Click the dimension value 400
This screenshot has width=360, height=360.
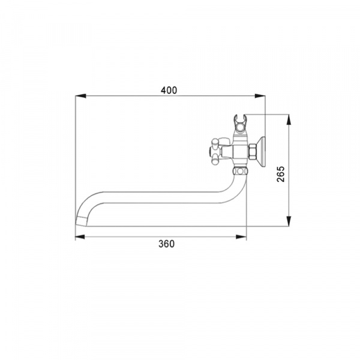click(169, 90)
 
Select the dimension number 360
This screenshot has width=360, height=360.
click(166, 244)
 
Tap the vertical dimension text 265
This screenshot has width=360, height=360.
click(281, 174)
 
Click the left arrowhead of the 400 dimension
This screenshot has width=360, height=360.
click(80, 96)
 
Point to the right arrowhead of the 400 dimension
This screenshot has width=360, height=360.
click(260, 96)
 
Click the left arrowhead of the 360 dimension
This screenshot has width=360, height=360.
click(80, 237)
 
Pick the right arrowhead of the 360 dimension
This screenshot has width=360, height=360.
click(241, 237)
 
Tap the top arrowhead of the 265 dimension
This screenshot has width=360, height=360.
click(289, 119)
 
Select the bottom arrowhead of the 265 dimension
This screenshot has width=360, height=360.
click(289, 221)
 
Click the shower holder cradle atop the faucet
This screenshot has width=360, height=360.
click(240, 125)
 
